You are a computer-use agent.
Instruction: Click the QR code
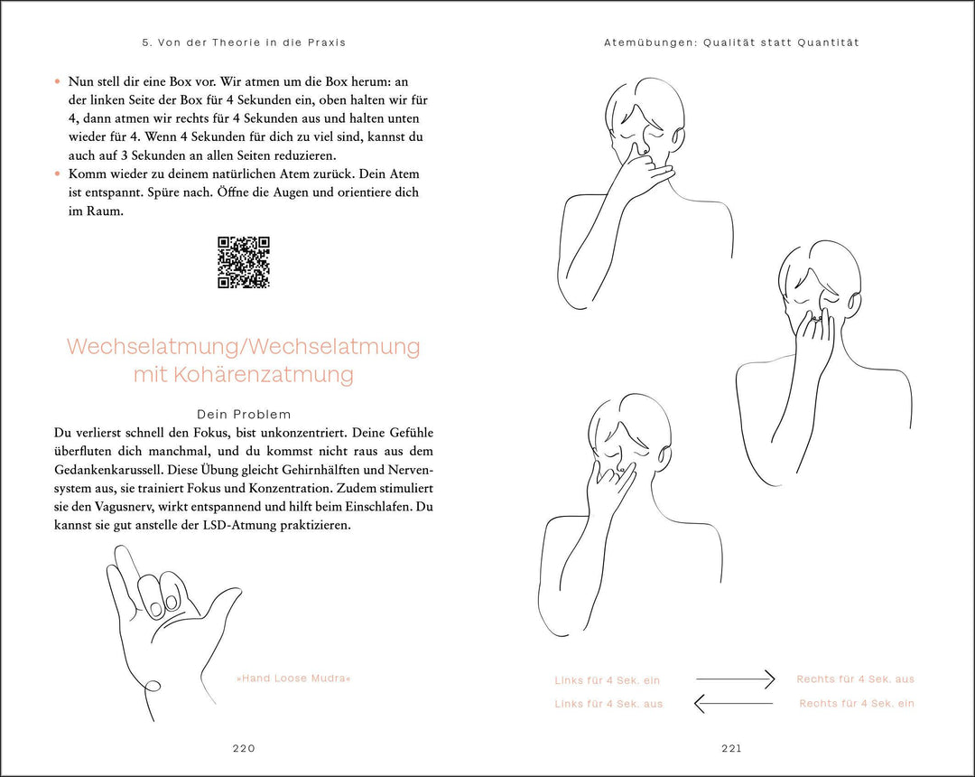coord(244,263)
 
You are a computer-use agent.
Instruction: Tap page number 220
coord(244,748)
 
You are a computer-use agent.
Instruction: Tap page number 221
coord(731,748)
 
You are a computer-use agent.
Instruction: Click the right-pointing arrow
coord(735,679)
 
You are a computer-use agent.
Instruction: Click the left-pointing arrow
coord(733,703)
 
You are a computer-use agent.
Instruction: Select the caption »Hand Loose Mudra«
coord(293,679)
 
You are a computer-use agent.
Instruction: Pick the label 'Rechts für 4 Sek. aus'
coord(855,679)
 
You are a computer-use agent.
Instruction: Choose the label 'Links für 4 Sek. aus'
coord(608,704)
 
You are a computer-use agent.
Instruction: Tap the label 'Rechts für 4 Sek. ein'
coord(857,704)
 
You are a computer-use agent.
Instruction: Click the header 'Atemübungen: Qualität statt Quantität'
coord(731,42)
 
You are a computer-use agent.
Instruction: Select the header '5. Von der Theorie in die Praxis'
coord(244,42)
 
